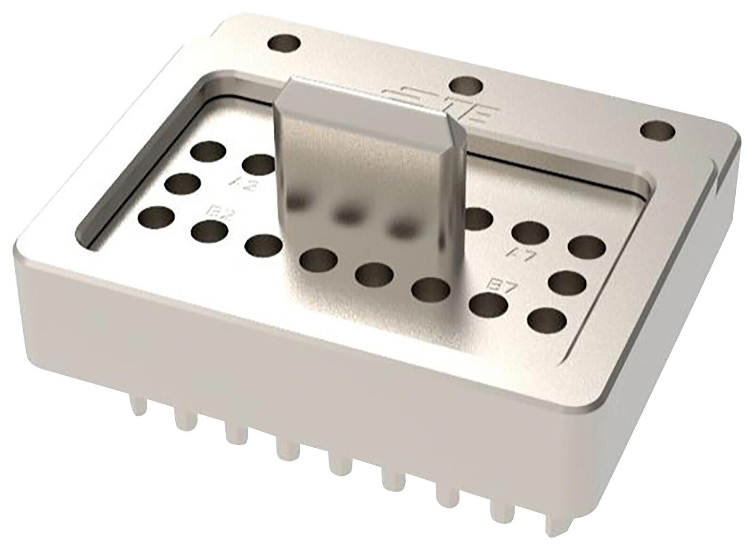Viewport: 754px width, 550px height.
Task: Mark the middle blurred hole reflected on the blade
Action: point(348,214)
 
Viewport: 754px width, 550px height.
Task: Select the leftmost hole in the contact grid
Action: point(156,218)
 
